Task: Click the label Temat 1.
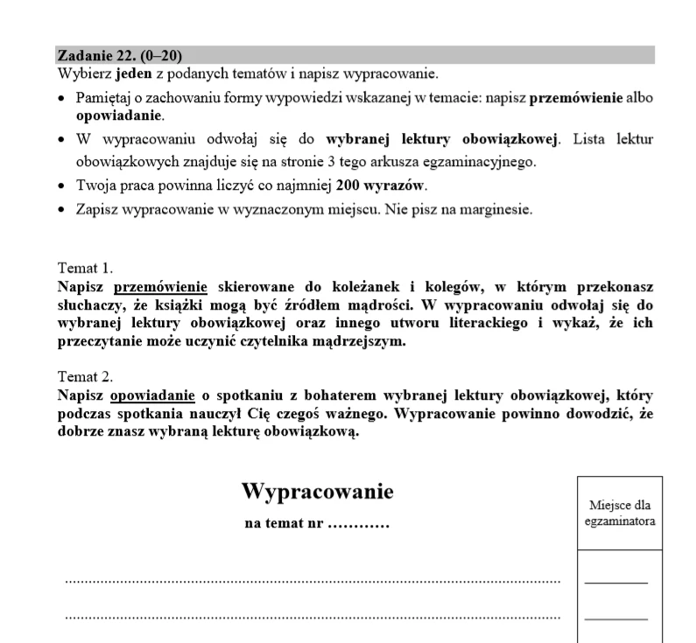tap(85, 269)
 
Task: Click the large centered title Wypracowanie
tap(317, 492)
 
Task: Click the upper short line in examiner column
tap(616, 583)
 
